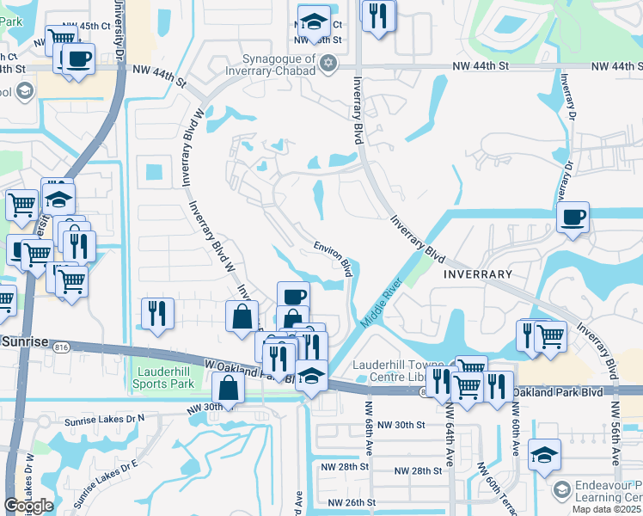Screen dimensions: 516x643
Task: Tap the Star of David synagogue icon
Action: [x=327, y=64]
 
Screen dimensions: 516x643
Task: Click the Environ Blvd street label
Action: [x=333, y=257]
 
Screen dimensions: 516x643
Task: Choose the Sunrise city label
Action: [x=25, y=341]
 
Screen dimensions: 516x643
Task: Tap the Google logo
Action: [x=28, y=506]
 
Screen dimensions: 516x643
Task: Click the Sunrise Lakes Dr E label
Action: [x=105, y=482]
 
